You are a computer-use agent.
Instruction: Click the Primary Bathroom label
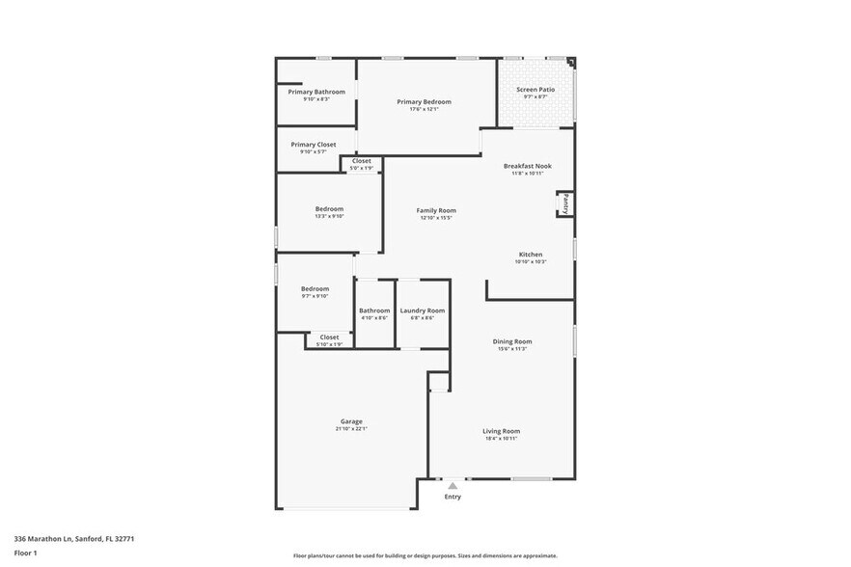[316, 92]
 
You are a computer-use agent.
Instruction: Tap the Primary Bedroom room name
[424, 101]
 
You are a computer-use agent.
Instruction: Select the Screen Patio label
[535, 89]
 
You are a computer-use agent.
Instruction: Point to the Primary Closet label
[314, 144]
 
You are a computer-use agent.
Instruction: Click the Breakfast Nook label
[528, 166]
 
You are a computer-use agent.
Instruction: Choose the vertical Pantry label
[566, 203]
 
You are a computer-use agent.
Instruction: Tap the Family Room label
[436, 210]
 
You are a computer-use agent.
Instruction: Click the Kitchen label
[531, 255]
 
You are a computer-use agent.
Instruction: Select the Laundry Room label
[423, 310]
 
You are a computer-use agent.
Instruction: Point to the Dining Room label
[512, 341]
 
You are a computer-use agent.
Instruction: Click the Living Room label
[501, 431]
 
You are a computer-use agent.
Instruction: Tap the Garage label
[351, 421]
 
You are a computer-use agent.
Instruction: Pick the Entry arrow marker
[453, 485]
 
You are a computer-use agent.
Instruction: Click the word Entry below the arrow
[453, 497]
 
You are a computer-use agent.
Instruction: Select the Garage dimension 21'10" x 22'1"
[351, 429]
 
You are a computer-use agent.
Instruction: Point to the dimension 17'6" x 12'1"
[424, 109]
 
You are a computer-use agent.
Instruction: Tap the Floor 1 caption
[25, 553]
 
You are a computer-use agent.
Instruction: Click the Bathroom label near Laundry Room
[374, 310]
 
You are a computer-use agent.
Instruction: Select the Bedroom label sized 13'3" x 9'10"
[329, 208]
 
